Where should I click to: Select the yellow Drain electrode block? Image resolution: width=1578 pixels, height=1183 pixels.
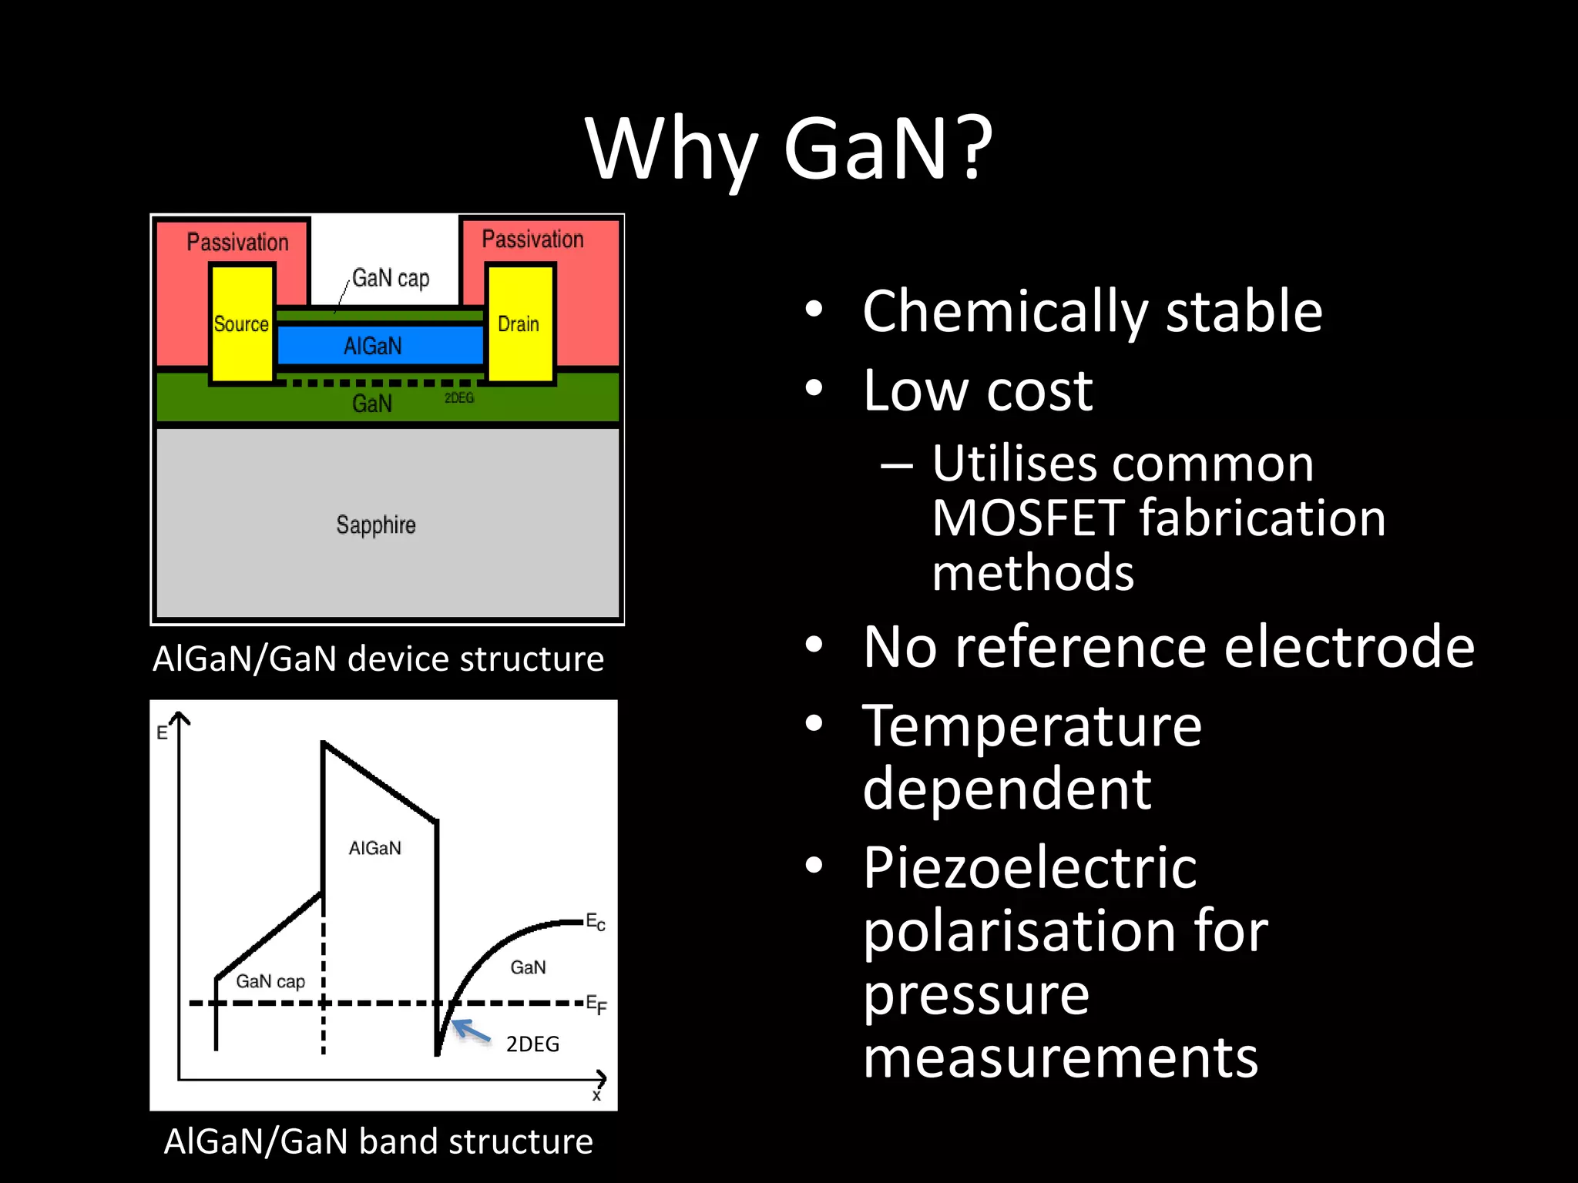(519, 324)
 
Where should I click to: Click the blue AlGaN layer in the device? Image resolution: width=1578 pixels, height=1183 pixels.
(374, 346)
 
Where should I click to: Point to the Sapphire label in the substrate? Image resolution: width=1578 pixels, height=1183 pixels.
(376, 524)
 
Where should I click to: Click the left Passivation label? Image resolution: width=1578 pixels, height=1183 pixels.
(237, 242)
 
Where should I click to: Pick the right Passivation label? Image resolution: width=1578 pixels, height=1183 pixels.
(532, 239)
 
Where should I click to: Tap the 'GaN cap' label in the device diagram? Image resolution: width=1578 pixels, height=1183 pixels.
(391, 278)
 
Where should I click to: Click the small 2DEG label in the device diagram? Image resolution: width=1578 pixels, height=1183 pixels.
(459, 398)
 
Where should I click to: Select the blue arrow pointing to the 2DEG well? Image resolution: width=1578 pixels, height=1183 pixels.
(471, 1031)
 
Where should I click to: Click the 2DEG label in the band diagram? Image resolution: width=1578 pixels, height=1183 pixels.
(532, 1044)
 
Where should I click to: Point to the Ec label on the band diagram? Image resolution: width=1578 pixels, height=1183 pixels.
(596, 922)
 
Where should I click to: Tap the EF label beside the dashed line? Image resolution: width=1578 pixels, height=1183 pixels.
(596, 1004)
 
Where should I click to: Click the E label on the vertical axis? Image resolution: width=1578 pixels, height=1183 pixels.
(162, 732)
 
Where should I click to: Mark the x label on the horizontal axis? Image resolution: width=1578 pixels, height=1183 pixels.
(596, 1095)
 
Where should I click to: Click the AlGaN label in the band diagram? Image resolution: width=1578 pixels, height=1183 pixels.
(375, 848)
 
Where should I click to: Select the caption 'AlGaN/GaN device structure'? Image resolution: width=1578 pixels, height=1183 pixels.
(378, 659)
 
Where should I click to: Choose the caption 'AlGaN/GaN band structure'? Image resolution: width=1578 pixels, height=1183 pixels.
(378, 1141)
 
